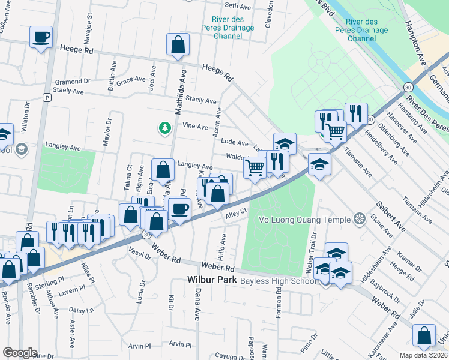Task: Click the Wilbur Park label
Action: [212, 280]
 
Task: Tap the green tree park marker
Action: [164, 127]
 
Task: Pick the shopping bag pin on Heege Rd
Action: [178, 44]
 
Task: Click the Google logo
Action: [20, 353]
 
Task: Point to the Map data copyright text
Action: [423, 355]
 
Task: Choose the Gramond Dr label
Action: [72, 81]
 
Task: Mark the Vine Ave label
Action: [194, 126]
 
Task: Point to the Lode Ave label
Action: [235, 143]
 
